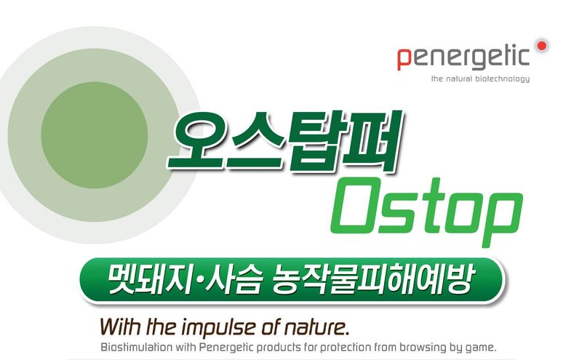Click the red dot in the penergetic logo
pyautogui.click(x=541, y=45)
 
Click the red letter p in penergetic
pyautogui.click(x=404, y=59)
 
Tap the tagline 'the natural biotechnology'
pyautogui.click(x=480, y=79)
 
